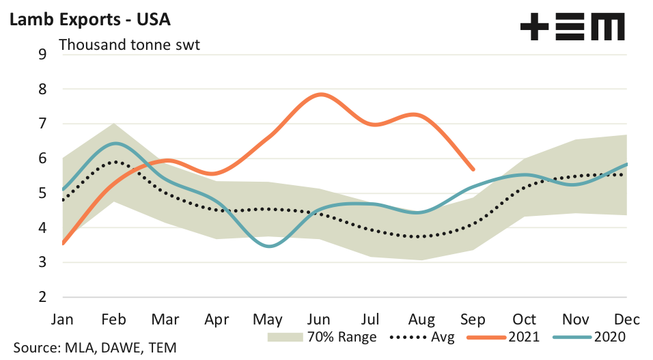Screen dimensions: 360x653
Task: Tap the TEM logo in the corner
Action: (572, 28)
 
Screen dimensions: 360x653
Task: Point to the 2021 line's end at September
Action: (473, 169)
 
